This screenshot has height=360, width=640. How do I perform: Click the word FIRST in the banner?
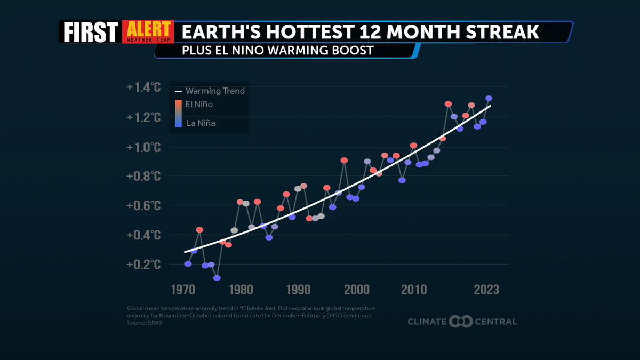coord(90,33)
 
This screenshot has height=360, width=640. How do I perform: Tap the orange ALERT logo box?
coord(148,32)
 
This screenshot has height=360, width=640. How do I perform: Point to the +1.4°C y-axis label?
coord(143,87)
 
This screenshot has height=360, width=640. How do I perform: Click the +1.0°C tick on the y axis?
coord(143,146)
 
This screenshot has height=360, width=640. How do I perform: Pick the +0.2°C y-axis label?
coord(143,265)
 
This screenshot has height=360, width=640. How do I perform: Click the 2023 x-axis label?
coord(486,290)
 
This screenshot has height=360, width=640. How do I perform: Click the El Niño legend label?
coord(199,105)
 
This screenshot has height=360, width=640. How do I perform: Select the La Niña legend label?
coord(201,123)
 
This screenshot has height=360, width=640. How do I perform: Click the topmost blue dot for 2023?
coord(489,98)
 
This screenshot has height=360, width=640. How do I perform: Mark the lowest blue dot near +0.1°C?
coord(217,278)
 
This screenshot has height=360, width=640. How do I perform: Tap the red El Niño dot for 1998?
coord(344,160)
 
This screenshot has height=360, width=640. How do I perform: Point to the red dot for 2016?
coord(448,104)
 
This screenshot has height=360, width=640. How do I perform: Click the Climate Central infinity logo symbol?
coord(461,322)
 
